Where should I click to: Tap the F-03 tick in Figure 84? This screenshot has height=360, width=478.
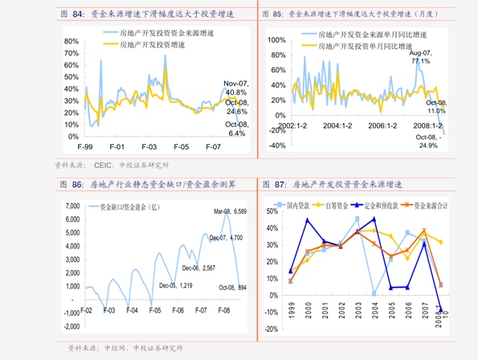pos(149,147)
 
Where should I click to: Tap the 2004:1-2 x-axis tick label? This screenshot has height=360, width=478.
pos(338,126)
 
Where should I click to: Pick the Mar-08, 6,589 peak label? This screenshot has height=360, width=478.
pos(230,211)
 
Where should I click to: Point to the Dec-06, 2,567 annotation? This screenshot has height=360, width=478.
pos(198,268)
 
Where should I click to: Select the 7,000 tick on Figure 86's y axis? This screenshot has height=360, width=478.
pos(71,206)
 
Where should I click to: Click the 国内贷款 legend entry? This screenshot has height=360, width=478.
pos(294,205)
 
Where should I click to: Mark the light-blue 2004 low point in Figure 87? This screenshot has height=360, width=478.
pos(374,294)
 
